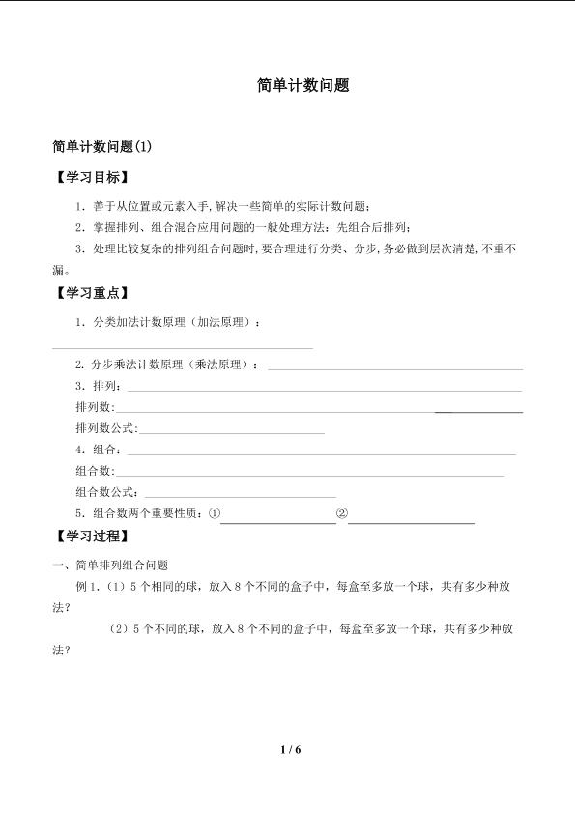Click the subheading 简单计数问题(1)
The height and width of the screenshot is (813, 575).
(x=101, y=147)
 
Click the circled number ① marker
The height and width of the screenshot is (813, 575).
(x=215, y=513)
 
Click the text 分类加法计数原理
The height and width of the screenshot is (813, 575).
(x=136, y=321)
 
